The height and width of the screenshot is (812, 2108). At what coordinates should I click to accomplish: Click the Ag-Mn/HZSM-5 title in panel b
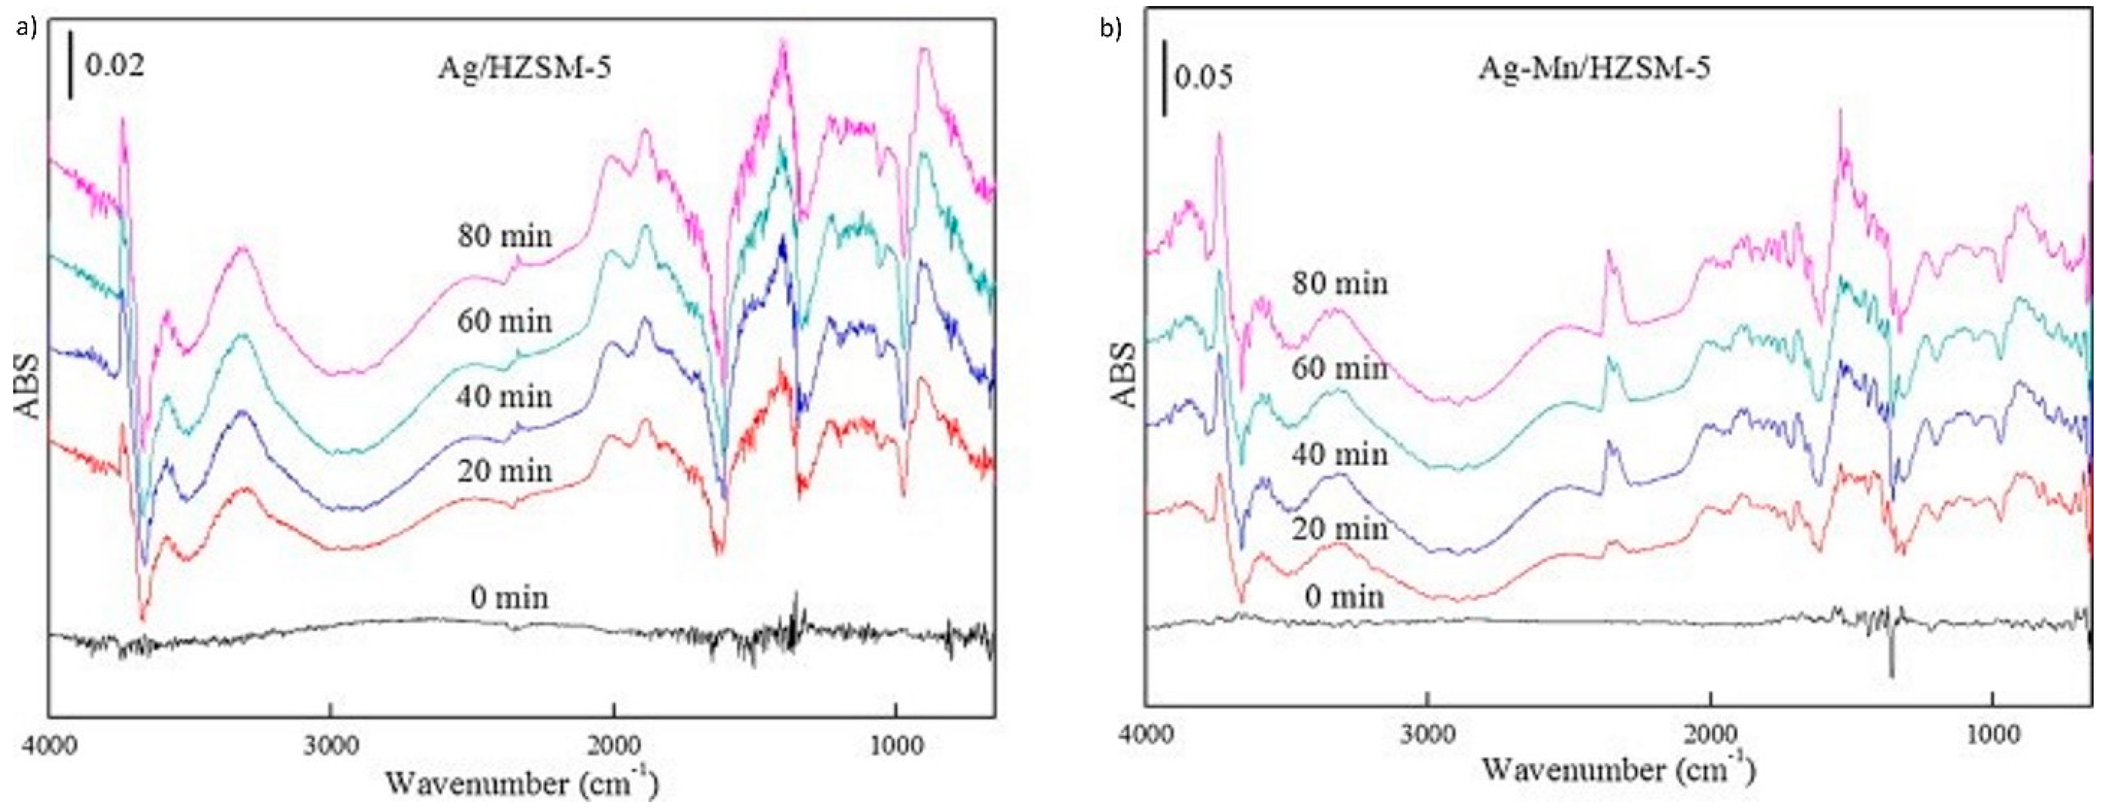[x=1594, y=68]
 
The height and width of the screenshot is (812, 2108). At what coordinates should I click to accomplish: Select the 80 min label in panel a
[x=505, y=237]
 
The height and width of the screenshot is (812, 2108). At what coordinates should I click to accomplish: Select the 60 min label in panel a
[x=505, y=321]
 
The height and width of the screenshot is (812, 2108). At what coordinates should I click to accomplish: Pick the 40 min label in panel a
[x=505, y=397]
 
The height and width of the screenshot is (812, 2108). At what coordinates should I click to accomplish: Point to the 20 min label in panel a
[x=505, y=471]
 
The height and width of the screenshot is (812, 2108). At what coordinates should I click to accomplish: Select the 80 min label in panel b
[x=1340, y=283]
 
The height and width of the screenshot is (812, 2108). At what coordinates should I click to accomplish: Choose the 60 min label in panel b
[x=1340, y=369]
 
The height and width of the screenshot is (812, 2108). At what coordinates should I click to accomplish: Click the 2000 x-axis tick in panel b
[x=1710, y=733]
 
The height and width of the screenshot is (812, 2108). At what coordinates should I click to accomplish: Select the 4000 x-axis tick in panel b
[x=1146, y=733]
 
